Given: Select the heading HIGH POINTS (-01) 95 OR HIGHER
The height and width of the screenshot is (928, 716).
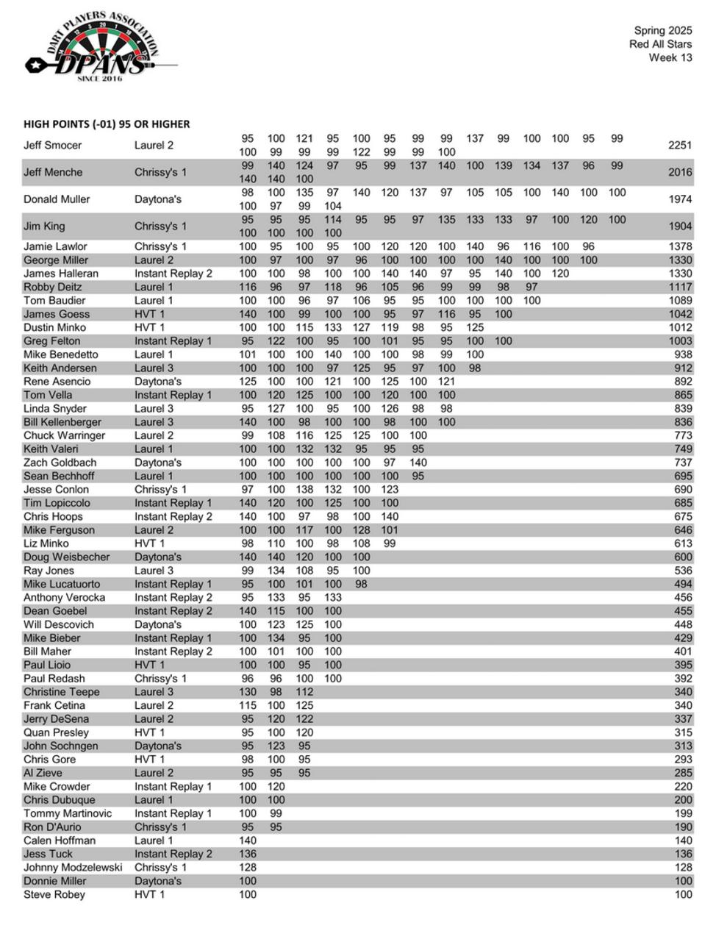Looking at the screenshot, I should (x=107, y=124).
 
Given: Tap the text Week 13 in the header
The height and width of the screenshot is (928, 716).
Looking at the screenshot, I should (x=670, y=57).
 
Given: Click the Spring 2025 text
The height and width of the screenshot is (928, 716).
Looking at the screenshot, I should (x=663, y=31).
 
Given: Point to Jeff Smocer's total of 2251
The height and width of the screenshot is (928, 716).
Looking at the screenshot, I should (x=680, y=146).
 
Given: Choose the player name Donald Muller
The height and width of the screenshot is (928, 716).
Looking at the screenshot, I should (x=57, y=199).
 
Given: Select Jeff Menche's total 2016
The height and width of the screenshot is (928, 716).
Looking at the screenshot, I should (x=680, y=173).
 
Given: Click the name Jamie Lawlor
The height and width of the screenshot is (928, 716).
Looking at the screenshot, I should (x=55, y=246).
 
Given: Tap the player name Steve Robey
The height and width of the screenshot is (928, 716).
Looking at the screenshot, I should (x=54, y=895).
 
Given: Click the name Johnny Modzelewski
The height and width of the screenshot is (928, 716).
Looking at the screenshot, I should (x=73, y=868).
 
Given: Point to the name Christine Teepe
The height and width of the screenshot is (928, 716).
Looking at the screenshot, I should (x=61, y=692).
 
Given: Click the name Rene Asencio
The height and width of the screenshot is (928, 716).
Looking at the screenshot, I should (x=57, y=382).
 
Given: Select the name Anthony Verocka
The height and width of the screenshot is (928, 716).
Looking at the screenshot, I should (x=64, y=598).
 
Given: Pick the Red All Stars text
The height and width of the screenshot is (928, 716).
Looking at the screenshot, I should (x=660, y=44).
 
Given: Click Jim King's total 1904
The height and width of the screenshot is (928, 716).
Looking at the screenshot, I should (x=680, y=226).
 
